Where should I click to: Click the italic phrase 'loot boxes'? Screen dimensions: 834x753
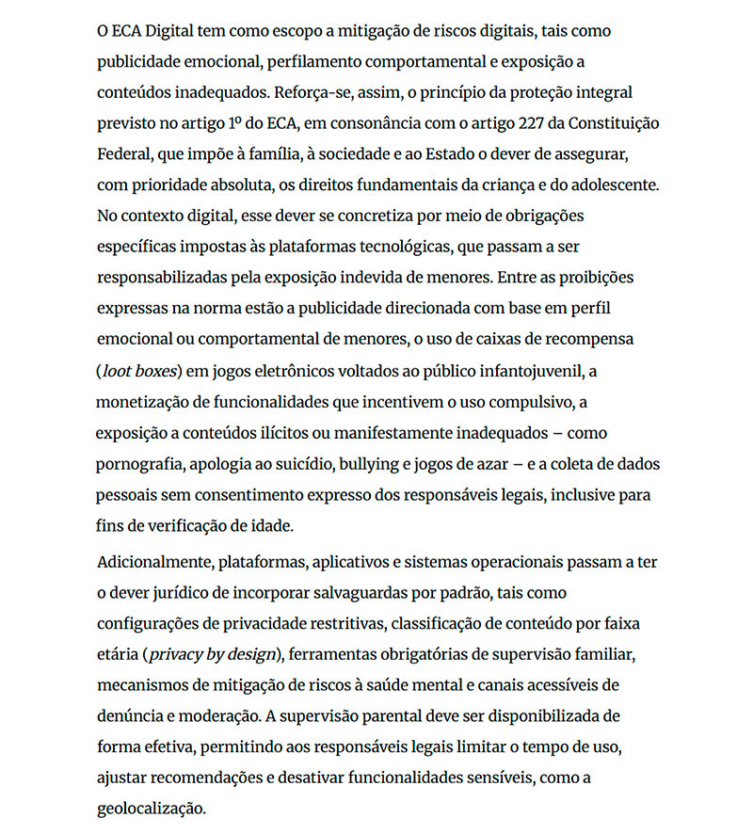coord(139,371)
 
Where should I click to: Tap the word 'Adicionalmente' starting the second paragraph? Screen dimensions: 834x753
coord(153,563)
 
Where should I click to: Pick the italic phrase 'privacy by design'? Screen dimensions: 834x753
coord(212,655)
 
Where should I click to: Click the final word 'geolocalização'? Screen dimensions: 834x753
coord(149,809)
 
